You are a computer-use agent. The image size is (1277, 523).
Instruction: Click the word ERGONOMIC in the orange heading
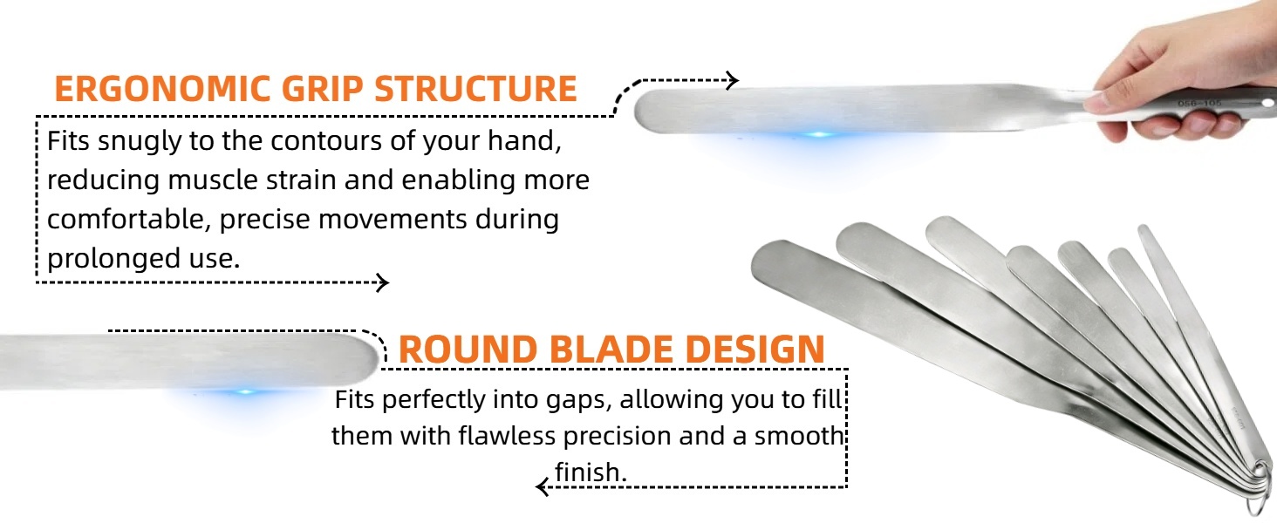[162, 89]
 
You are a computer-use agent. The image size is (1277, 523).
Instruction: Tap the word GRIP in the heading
[322, 89]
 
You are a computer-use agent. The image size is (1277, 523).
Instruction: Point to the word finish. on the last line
[591, 472]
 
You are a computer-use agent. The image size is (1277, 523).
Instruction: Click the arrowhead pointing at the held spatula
[733, 80]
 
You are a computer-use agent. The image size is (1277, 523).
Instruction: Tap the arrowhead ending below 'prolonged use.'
[383, 282]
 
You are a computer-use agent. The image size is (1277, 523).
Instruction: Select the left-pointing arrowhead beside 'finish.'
[543, 487]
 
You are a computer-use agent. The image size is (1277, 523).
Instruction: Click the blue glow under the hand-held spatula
[819, 135]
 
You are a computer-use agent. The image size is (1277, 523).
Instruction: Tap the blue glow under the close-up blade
[245, 392]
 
